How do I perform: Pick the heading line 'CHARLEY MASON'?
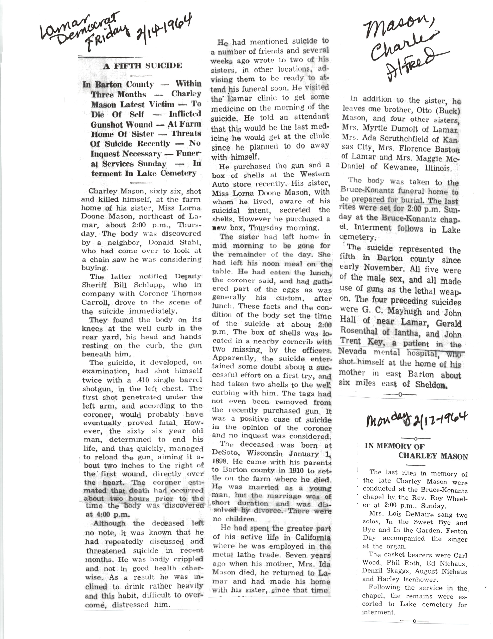pyautogui.click(x=433, y=456)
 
